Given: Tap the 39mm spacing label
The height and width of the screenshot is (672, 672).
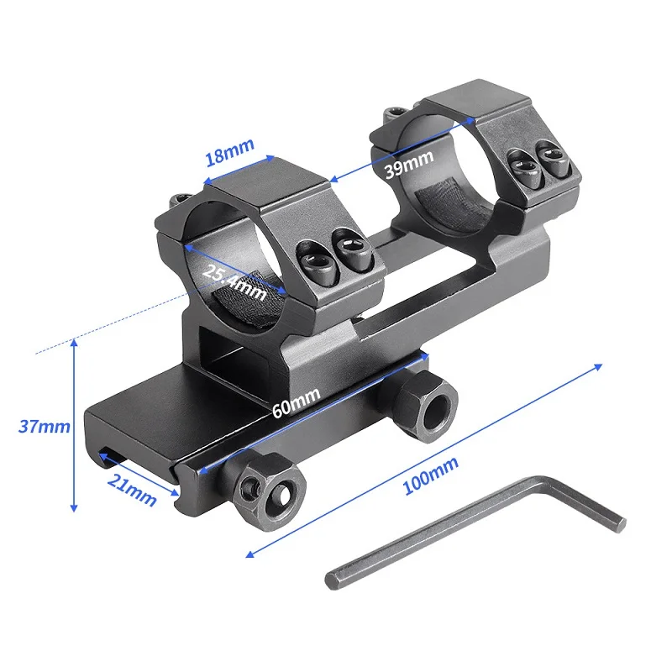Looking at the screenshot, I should pyautogui.click(x=407, y=163).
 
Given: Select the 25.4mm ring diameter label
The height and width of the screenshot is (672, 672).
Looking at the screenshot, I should pyautogui.click(x=234, y=280).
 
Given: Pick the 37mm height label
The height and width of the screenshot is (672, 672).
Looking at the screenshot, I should pyautogui.click(x=44, y=426).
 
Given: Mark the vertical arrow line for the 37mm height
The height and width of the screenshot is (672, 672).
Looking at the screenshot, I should pyautogui.click(x=75, y=425).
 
